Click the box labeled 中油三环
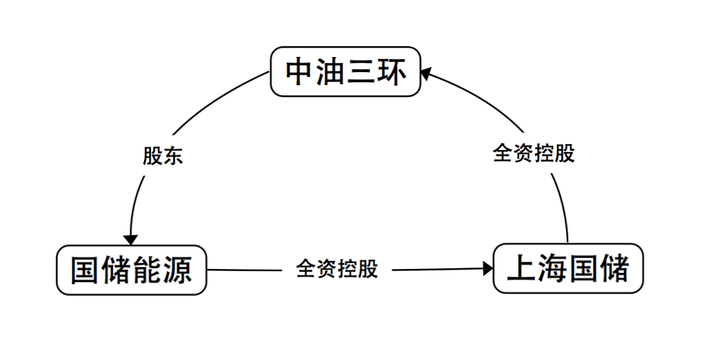point(346,72)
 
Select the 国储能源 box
point(130,270)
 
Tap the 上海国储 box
point(567,268)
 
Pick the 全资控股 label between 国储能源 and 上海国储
point(337,269)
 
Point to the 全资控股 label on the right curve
point(534,153)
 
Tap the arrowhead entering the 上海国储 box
point(487,268)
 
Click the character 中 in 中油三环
point(300,72)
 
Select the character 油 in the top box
point(331,72)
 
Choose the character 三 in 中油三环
point(361,72)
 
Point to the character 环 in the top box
point(393,72)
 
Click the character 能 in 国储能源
point(146,270)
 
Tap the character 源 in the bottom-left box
point(177,270)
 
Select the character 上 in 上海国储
point(521,268)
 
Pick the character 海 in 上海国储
point(552,268)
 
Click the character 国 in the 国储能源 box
point(84,270)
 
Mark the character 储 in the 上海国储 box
point(613,268)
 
